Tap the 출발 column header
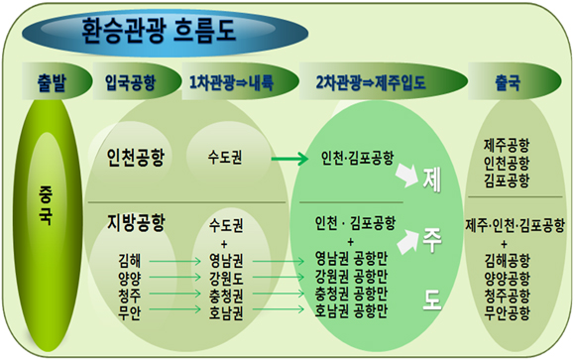pos(43,80)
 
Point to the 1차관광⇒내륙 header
pos(229,80)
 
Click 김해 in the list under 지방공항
pos(130,260)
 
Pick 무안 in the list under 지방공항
pos(130,310)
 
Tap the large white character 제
pos(432,182)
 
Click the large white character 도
pos(432,301)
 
